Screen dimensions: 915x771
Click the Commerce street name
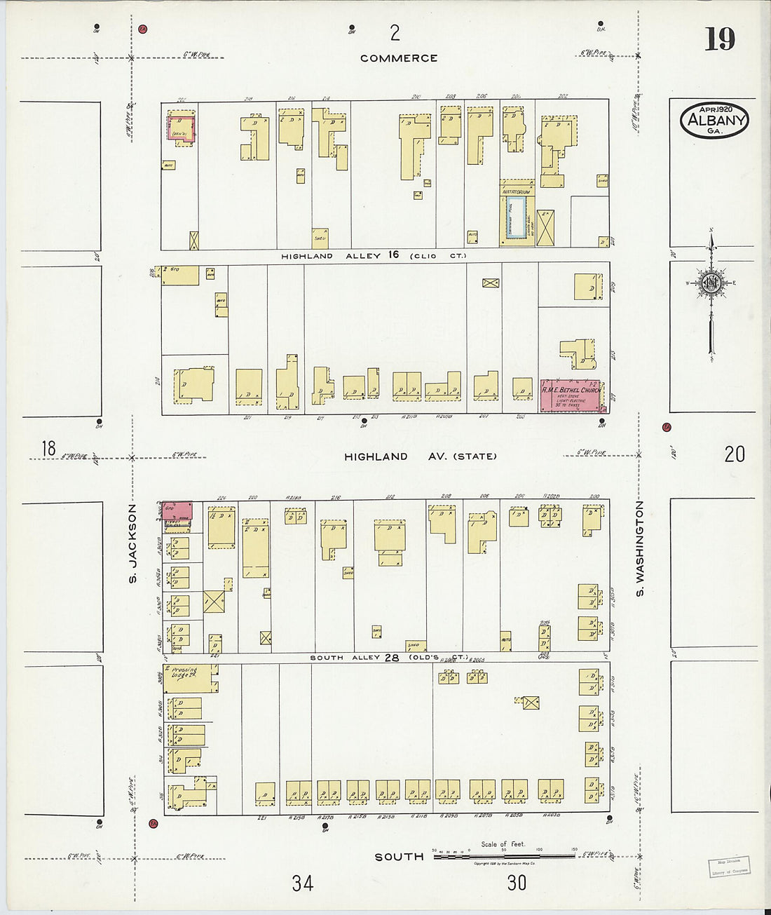pyautogui.click(x=399, y=58)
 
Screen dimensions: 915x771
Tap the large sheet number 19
pyautogui.click(x=719, y=39)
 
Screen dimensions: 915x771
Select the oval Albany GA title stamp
pyautogui.click(x=714, y=120)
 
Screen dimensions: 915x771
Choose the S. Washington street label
pyautogui.click(x=639, y=549)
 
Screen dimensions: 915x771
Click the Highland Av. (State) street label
pyautogui.click(x=420, y=456)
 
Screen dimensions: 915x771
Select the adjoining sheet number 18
pyautogui.click(x=48, y=449)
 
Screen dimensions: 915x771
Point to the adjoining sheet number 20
pyautogui.click(x=734, y=454)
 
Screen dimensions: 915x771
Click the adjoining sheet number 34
pyautogui.click(x=303, y=883)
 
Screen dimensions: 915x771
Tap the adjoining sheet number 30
pyautogui.click(x=517, y=883)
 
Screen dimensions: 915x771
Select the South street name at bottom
pyautogui.click(x=399, y=857)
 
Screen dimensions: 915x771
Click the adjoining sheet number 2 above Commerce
pyautogui.click(x=395, y=32)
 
